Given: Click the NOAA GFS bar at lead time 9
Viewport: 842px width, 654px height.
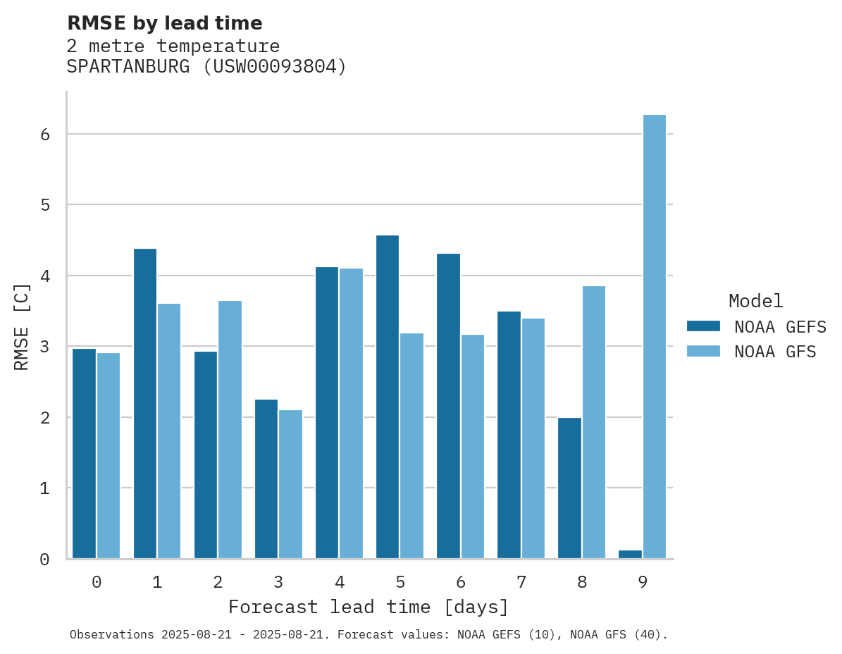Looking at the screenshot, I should pyautogui.click(x=655, y=337).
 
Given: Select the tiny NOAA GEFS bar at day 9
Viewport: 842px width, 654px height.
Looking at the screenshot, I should pyautogui.click(x=630, y=555).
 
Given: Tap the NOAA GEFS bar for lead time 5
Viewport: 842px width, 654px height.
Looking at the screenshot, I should pyautogui.click(x=388, y=397).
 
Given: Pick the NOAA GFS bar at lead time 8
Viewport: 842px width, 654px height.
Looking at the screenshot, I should pyautogui.click(x=594, y=422).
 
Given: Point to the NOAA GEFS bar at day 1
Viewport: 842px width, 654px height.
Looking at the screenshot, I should pyautogui.click(x=145, y=404).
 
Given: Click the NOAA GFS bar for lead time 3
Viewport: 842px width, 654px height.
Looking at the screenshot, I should pyautogui.click(x=290, y=484).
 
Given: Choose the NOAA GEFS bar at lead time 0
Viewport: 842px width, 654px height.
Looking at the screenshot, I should pyautogui.click(x=84, y=454).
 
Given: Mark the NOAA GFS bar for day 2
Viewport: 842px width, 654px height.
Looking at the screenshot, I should pyautogui.click(x=230, y=430).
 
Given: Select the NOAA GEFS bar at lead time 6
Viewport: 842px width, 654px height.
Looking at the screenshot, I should pyautogui.click(x=448, y=406).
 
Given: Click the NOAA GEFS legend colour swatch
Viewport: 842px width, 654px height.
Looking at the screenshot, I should pyautogui.click(x=703, y=326).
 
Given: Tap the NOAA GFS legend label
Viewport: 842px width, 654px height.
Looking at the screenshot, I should pyautogui.click(x=775, y=351).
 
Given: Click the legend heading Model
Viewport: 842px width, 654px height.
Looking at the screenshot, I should pyautogui.click(x=755, y=301).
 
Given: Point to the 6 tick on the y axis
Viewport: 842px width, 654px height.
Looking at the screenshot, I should pyautogui.click(x=44, y=134).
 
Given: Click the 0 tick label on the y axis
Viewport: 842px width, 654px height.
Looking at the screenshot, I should pyautogui.click(x=44, y=560).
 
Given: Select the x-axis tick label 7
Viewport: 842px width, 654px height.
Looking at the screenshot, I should pyautogui.click(x=521, y=582).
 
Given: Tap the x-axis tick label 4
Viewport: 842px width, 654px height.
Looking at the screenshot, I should pyautogui.click(x=340, y=582).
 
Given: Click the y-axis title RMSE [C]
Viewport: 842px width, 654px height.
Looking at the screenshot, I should pyautogui.click(x=22, y=326).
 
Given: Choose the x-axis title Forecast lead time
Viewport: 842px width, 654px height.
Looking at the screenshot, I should pyautogui.click(x=368, y=607).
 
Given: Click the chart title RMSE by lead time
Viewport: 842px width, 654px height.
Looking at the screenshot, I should pyautogui.click(x=164, y=23).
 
